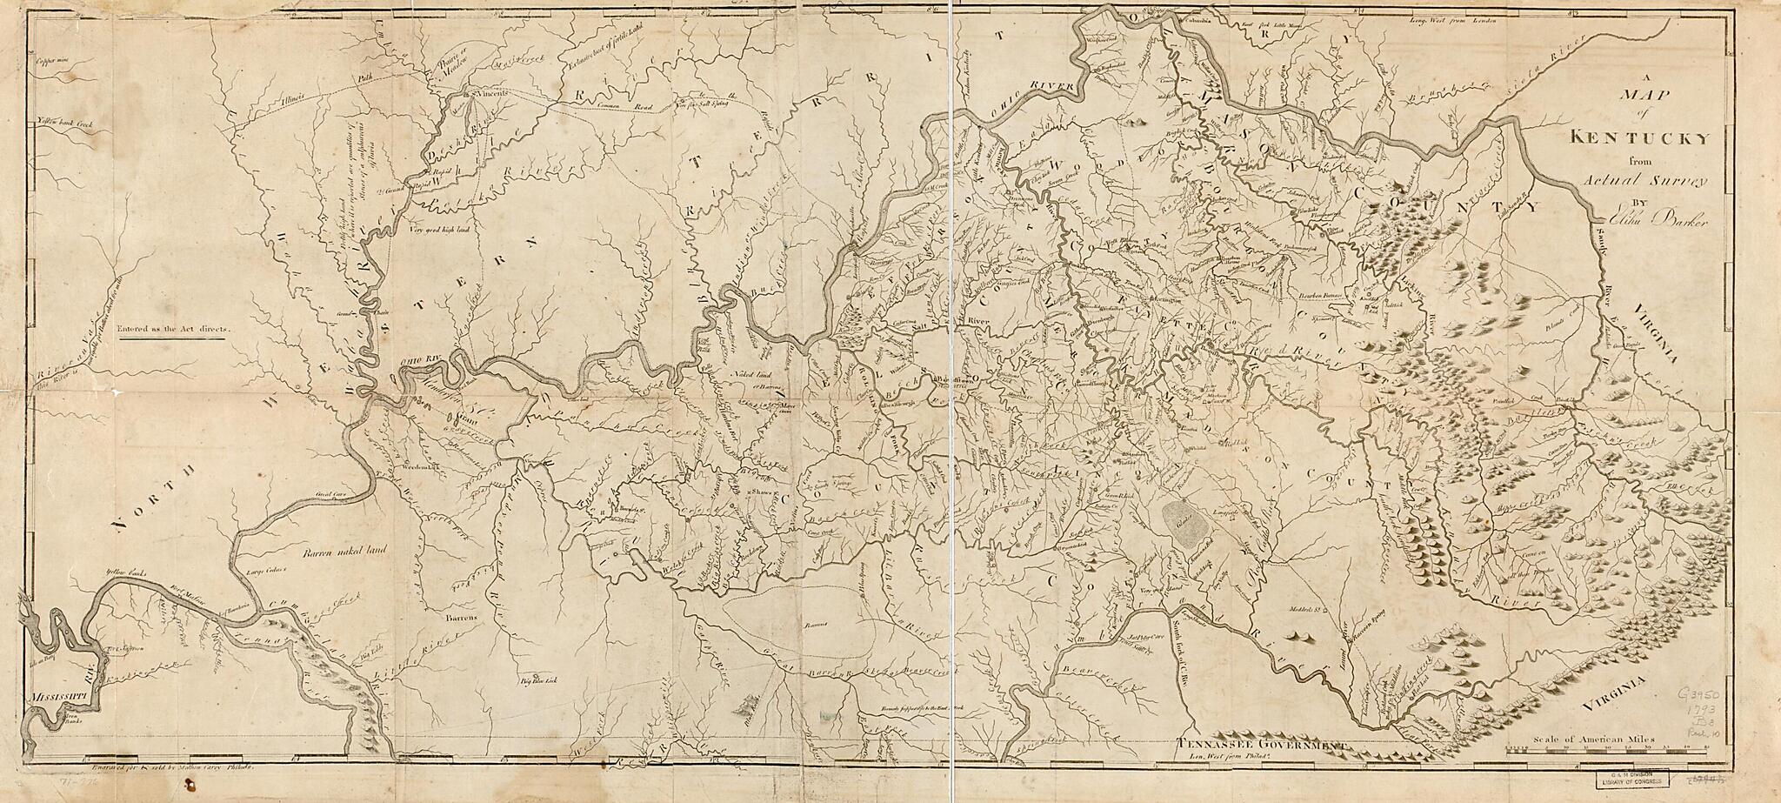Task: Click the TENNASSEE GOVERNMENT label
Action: coord(1262,745)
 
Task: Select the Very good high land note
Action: coord(437,229)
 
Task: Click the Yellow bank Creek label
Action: coord(58,126)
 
